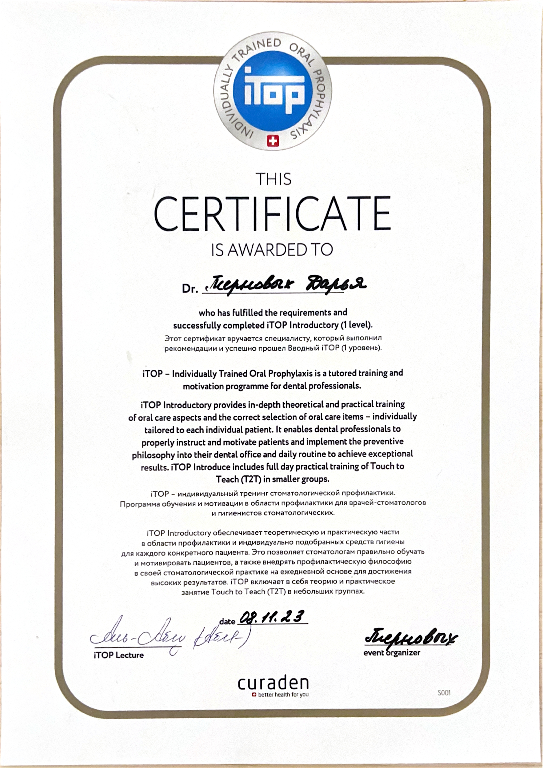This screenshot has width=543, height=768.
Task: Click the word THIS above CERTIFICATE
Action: [x=273, y=179]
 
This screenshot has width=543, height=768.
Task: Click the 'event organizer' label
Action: [x=392, y=652]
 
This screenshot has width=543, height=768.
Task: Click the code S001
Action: [x=444, y=693]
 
